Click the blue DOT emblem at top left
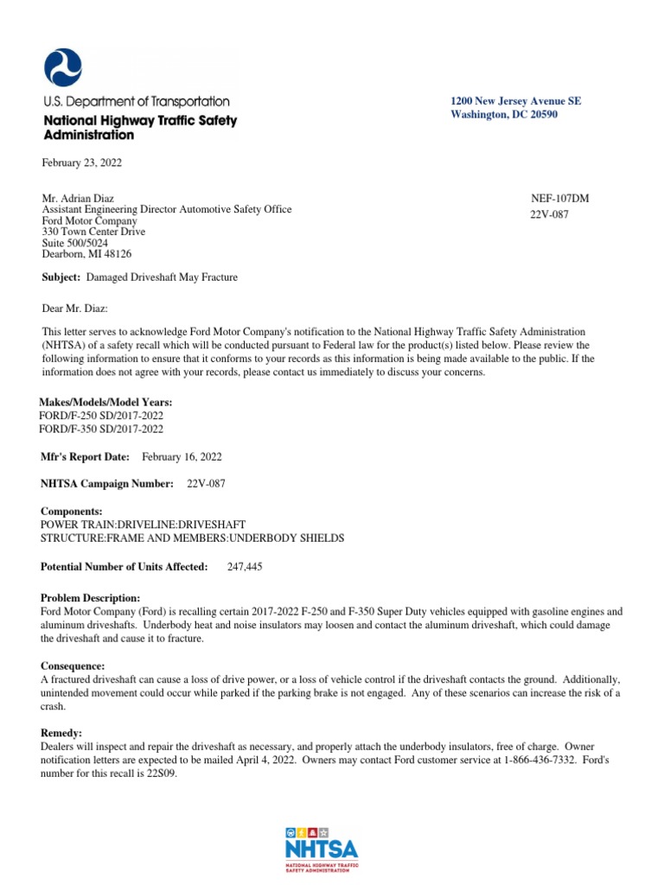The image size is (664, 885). click(63, 67)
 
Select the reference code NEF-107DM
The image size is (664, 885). click(559, 198)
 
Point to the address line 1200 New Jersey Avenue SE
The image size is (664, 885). click(515, 101)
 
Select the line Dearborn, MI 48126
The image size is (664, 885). click(87, 254)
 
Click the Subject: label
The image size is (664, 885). click(61, 277)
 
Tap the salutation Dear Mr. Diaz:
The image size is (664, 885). click(75, 309)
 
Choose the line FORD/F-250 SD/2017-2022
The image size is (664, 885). click(102, 416)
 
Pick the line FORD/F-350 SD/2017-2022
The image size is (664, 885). click(102, 429)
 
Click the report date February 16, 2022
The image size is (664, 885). click(187, 456)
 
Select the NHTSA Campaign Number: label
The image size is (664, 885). click(107, 484)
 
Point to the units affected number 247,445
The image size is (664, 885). click(245, 567)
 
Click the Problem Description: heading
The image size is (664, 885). click(91, 598)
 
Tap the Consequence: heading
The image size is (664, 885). click(73, 666)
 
